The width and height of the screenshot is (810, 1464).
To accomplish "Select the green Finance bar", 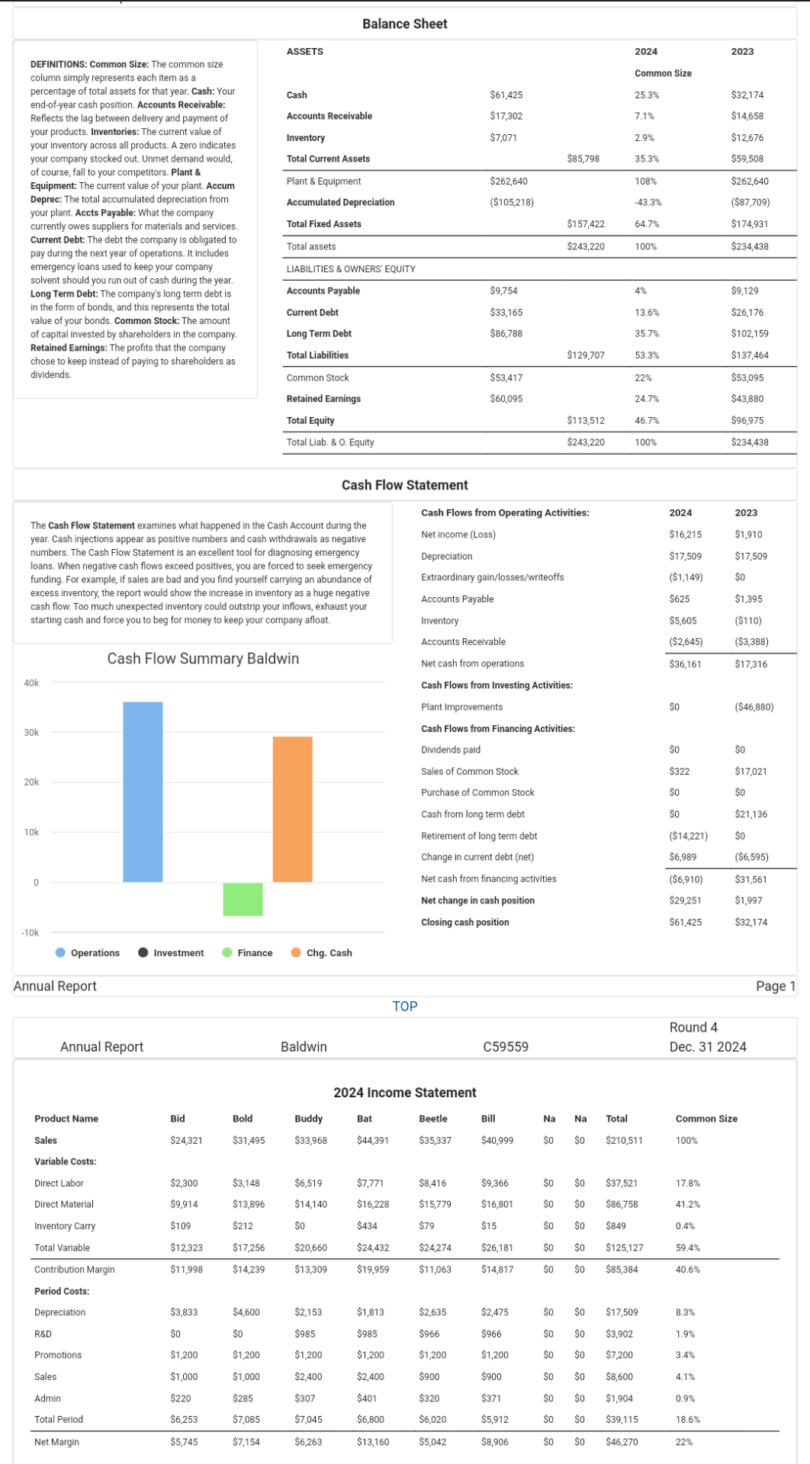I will coord(243,899).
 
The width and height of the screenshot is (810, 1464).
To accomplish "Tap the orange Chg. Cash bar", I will coord(292,809).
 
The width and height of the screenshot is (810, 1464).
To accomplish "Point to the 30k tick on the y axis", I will coord(31,733).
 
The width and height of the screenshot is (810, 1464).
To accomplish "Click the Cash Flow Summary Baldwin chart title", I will coord(203,659).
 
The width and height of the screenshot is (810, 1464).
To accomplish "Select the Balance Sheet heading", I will coord(404,24).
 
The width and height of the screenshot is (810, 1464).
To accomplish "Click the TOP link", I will coord(405,1006).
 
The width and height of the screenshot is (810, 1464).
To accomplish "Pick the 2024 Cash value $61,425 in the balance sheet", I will coord(506,95).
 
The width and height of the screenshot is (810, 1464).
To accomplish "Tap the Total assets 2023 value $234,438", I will coord(750,247).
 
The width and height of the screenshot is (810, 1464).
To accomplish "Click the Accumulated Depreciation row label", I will coord(340,203).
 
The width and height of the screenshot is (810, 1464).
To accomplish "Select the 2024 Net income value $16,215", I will coord(685,535).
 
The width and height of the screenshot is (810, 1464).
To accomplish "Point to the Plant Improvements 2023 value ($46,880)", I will coord(754,708).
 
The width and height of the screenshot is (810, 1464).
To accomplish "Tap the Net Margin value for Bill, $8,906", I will coord(495,1443).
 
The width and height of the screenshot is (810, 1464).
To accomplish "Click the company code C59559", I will coord(506,1047).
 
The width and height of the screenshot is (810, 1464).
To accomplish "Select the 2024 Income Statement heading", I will coord(404,1093).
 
